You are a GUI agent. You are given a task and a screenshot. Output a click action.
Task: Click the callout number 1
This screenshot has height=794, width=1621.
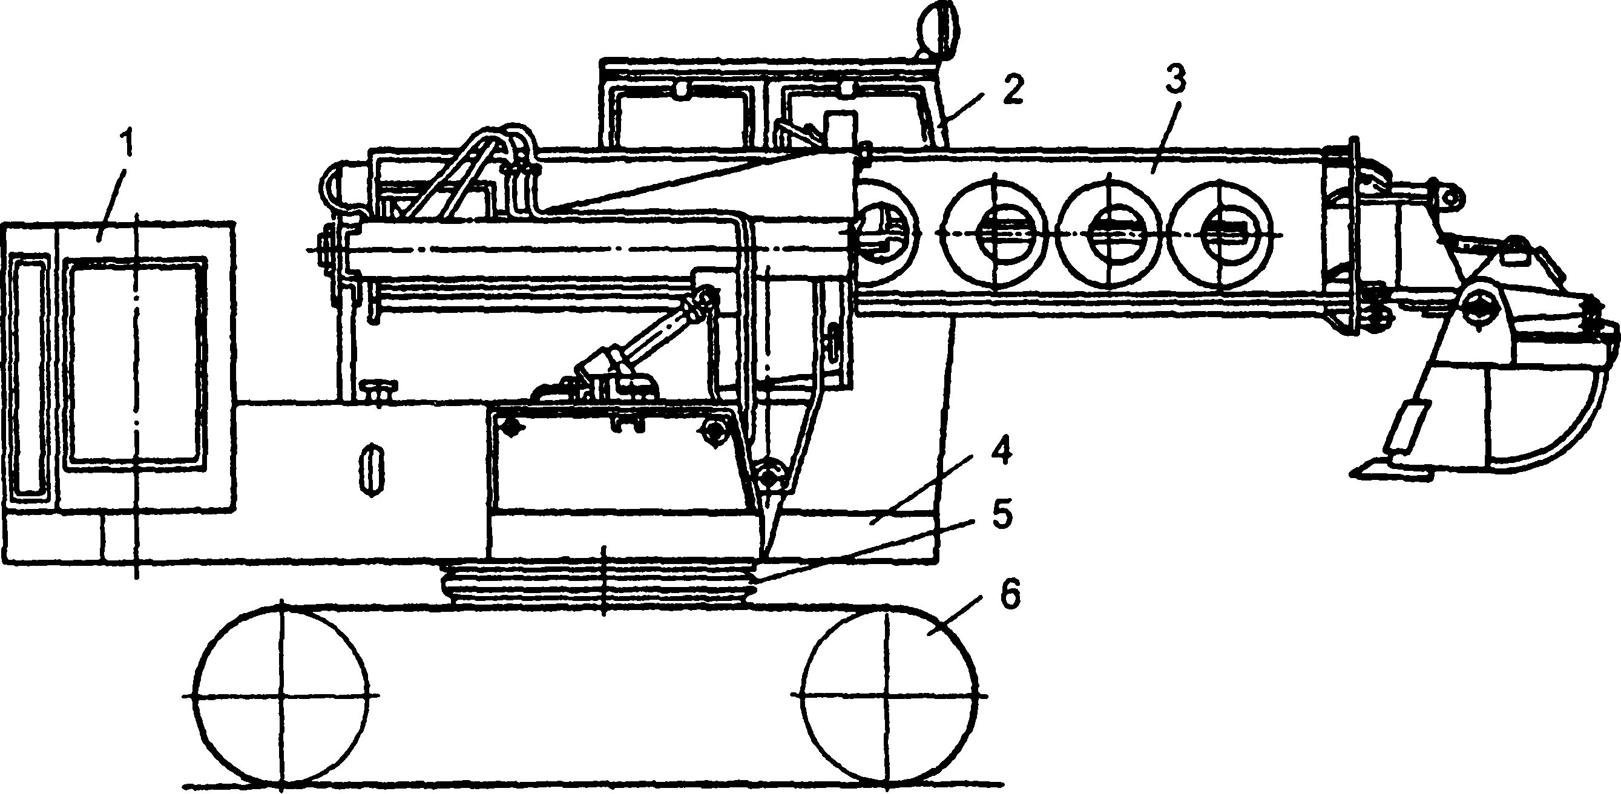[x=127, y=145]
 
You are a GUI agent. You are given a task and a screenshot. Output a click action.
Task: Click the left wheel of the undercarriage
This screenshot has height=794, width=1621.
[x=281, y=696]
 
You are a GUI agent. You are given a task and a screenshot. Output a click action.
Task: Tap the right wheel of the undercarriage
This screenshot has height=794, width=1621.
[x=889, y=696]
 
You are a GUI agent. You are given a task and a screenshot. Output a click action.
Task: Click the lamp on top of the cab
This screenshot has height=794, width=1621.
[x=938, y=28]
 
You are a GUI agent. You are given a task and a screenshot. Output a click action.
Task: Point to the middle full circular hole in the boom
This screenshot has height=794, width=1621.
[x=1109, y=234]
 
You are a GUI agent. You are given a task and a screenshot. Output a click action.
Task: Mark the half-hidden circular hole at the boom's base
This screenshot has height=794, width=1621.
[x=884, y=233]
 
